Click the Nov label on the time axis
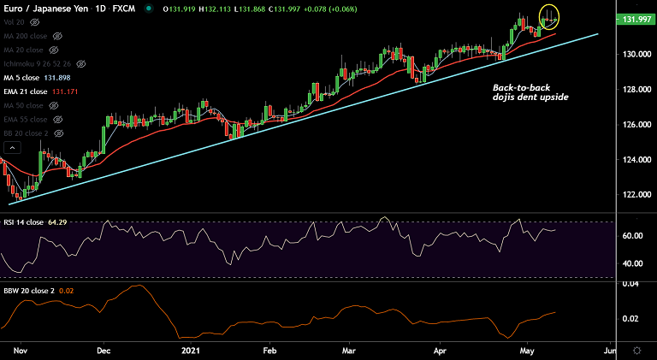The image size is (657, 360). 21,351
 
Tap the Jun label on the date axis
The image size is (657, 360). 610,351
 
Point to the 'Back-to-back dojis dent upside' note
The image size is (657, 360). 530,92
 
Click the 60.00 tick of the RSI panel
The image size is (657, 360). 633,236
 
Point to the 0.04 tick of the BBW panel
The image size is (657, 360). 630,284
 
